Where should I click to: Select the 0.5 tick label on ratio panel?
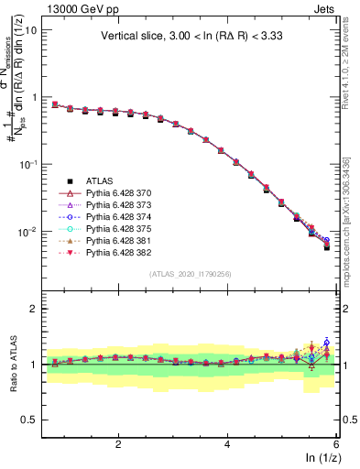[27, 420]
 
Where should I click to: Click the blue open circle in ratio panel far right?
[326, 343]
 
